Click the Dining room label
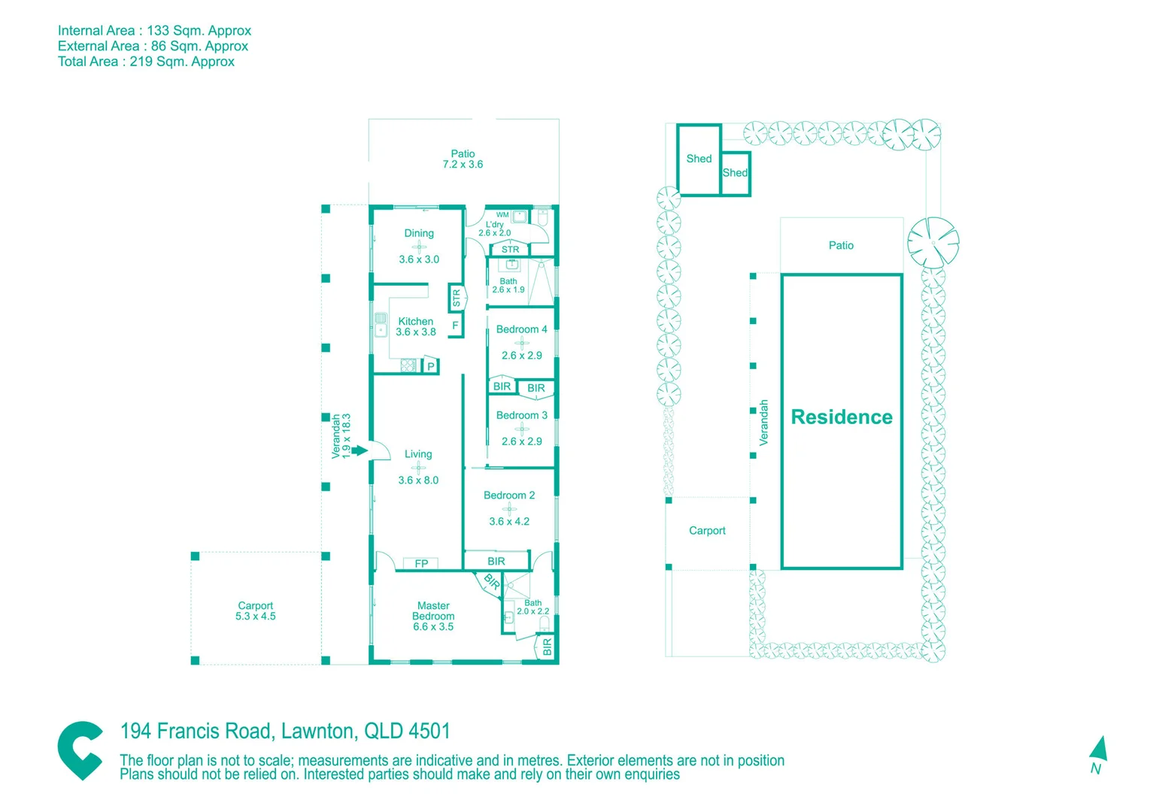coord(419,234)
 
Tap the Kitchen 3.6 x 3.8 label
coord(416,326)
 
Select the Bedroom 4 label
coord(521,329)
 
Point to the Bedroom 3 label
coord(521,415)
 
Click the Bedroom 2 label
coord(509,495)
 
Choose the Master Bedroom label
coord(433,616)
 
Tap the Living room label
coord(418,454)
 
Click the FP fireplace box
coord(421,563)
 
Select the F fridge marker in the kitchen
coord(455,326)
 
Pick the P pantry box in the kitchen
coord(431,367)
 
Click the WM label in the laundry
coord(502,215)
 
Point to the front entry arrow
coord(360,450)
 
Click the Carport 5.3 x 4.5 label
coord(256,611)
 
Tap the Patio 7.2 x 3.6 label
coord(463,159)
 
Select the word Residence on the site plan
coord(842,417)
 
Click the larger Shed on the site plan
coord(699,159)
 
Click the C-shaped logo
coord(80,750)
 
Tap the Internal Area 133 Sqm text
coord(154,31)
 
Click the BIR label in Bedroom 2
coord(496,562)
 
